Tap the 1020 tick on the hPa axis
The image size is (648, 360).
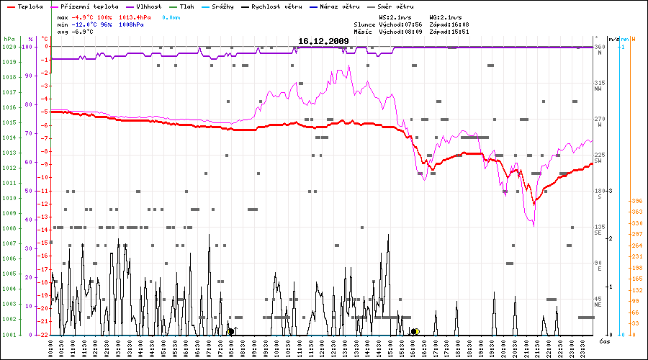point(9,47)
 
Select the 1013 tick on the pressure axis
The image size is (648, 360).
point(9,153)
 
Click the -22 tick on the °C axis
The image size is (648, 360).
point(45,335)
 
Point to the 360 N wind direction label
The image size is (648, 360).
point(598,50)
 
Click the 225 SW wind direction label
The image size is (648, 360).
point(598,158)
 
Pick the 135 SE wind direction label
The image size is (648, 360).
point(598,230)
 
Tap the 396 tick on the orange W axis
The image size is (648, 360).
point(636,201)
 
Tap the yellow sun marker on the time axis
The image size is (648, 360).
point(415,331)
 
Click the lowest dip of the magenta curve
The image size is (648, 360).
point(534,225)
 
